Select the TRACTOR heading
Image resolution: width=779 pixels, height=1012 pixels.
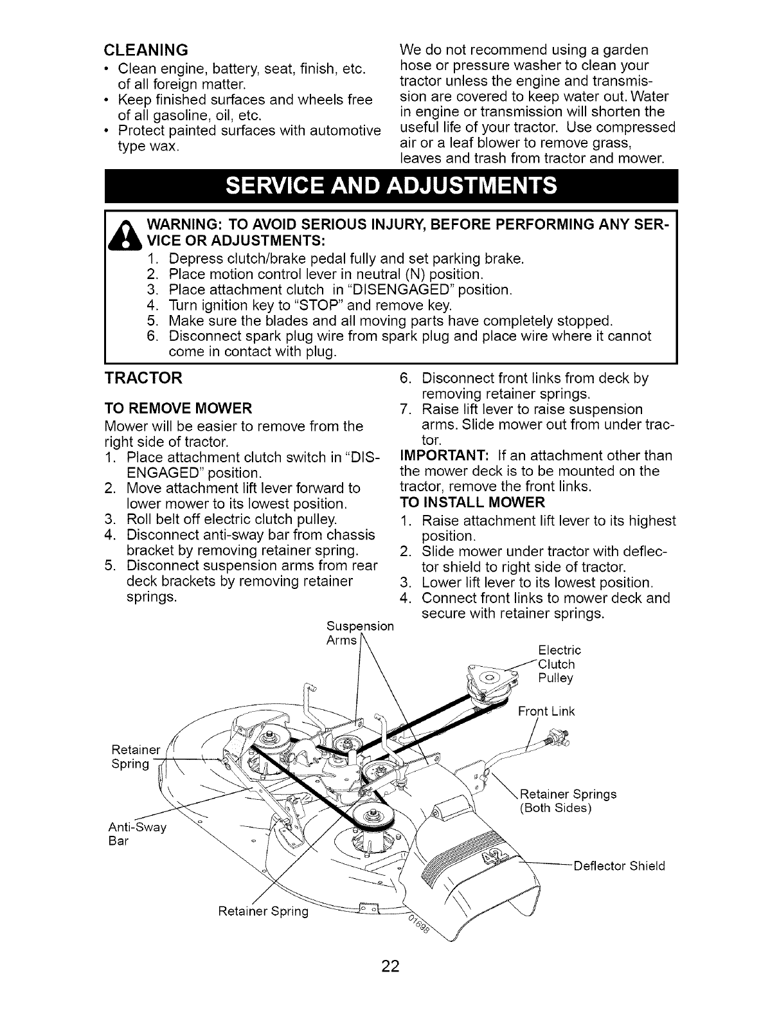tap(143, 379)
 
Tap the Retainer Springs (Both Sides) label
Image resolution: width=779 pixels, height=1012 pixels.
tap(568, 800)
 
